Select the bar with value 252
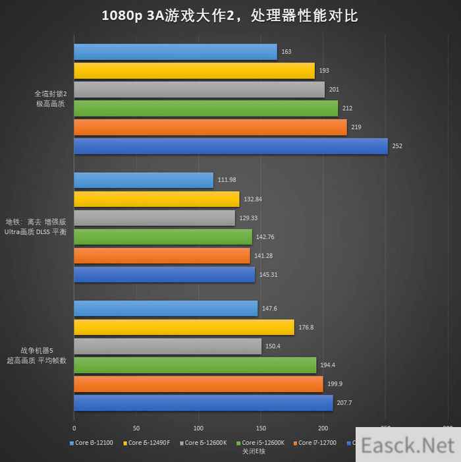(230, 146)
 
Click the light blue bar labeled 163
(175, 52)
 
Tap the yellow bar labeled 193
(194, 71)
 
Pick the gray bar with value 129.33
(154, 218)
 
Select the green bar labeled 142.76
(163, 237)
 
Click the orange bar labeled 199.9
(198, 384)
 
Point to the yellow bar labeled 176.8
(184, 328)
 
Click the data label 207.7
(346, 403)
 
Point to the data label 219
(356, 127)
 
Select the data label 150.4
(274, 346)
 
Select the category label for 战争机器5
(37, 355)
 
